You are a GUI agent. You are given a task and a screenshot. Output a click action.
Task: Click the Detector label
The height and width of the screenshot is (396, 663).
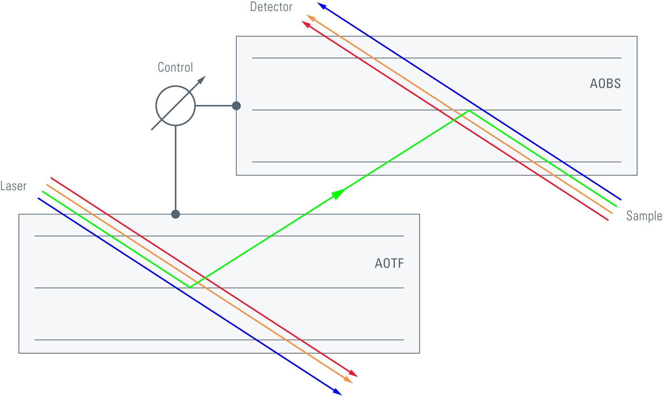click(x=271, y=7)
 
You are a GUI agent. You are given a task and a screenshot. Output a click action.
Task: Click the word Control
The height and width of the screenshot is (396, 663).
click(x=175, y=68)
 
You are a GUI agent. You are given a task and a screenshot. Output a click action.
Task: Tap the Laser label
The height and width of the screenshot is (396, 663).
click(x=13, y=186)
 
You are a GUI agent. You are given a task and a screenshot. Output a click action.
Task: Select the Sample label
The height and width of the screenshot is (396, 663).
click(x=644, y=216)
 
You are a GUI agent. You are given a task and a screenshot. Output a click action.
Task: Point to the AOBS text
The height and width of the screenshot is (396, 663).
click(x=605, y=84)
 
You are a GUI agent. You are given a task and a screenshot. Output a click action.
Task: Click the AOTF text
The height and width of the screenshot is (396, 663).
click(x=389, y=263)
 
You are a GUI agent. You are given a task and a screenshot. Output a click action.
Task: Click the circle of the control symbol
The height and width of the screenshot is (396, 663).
click(x=175, y=106)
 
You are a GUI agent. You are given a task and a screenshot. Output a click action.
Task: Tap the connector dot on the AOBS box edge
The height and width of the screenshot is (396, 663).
click(x=236, y=106)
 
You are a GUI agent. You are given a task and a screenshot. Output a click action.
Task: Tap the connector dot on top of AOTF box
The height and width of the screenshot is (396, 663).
click(x=175, y=214)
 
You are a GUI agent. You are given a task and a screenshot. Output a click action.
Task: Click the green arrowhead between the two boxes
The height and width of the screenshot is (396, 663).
click(x=339, y=193)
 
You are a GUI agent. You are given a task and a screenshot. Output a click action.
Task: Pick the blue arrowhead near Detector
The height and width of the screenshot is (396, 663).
click(x=322, y=6)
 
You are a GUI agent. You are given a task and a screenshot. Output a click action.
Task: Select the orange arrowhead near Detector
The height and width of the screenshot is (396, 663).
click(x=310, y=17)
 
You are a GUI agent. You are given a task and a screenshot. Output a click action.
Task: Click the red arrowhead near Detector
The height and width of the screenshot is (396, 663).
click(x=306, y=24)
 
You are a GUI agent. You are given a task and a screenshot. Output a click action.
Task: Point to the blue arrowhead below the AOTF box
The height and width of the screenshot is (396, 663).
click(x=337, y=391)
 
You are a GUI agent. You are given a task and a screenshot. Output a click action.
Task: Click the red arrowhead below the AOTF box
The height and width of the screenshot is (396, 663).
click(x=353, y=374)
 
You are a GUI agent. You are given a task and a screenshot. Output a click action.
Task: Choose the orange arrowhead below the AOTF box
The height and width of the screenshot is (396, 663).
click(x=348, y=380)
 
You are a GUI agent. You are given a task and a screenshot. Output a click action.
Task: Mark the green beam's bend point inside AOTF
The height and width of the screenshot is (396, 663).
click(x=189, y=287)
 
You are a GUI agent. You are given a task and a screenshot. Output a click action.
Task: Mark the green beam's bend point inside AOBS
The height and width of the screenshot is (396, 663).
click(x=469, y=111)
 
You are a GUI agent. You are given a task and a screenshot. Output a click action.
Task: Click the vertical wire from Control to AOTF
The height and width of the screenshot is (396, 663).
click(x=175, y=170)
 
